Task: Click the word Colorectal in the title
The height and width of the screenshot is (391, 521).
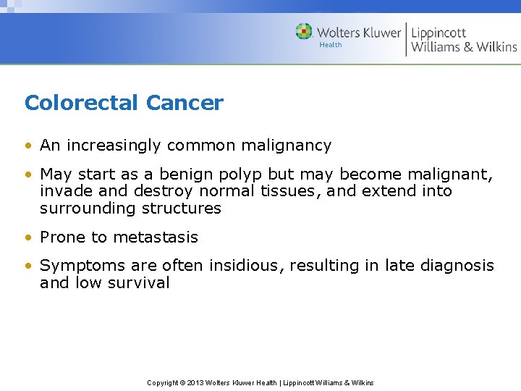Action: [x=82, y=103]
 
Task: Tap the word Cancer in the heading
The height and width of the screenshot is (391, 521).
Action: [x=185, y=103]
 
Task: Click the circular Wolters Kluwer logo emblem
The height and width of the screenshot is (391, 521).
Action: [x=304, y=32]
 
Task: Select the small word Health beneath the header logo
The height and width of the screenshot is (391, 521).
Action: [x=331, y=45]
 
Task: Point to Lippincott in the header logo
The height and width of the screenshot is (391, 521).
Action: [x=439, y=33]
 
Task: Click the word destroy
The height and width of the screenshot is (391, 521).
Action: [x=159, y=191]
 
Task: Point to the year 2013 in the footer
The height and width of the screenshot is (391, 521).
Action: [x=196, y=382]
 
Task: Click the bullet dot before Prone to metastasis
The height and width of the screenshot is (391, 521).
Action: [x=28, y=237]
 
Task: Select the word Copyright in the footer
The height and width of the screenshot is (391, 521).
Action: [x=163, y=382]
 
